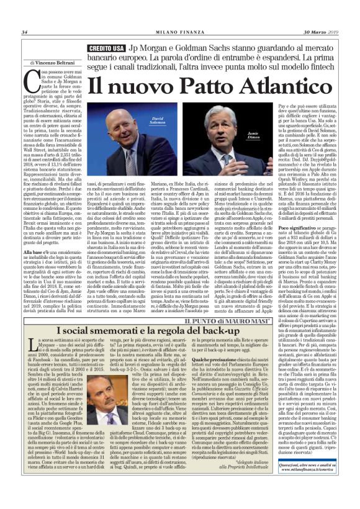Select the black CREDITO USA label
(x=107, y=48)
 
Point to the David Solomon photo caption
(x=156, y=119)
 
